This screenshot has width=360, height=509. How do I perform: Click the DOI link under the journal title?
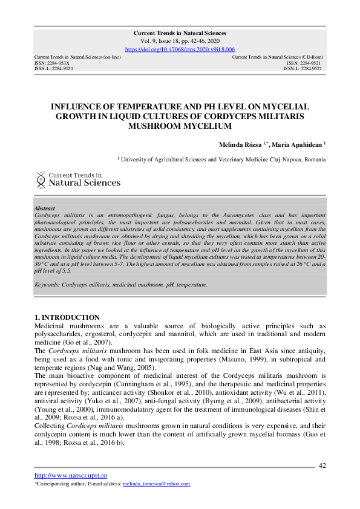point(180,49)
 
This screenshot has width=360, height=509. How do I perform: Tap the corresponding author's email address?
point(156,484)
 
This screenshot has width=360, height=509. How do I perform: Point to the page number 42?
point(322,465)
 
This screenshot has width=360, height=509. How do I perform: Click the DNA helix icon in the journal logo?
point(41,179)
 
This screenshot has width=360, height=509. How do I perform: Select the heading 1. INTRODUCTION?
point(67,317)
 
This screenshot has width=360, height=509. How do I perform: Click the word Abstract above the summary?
point(45,209)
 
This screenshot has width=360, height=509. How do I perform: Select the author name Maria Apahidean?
point(298,144)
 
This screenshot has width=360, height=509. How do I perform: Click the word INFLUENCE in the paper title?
point(79,106)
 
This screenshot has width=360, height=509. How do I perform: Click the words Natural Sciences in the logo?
point(84,183)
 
